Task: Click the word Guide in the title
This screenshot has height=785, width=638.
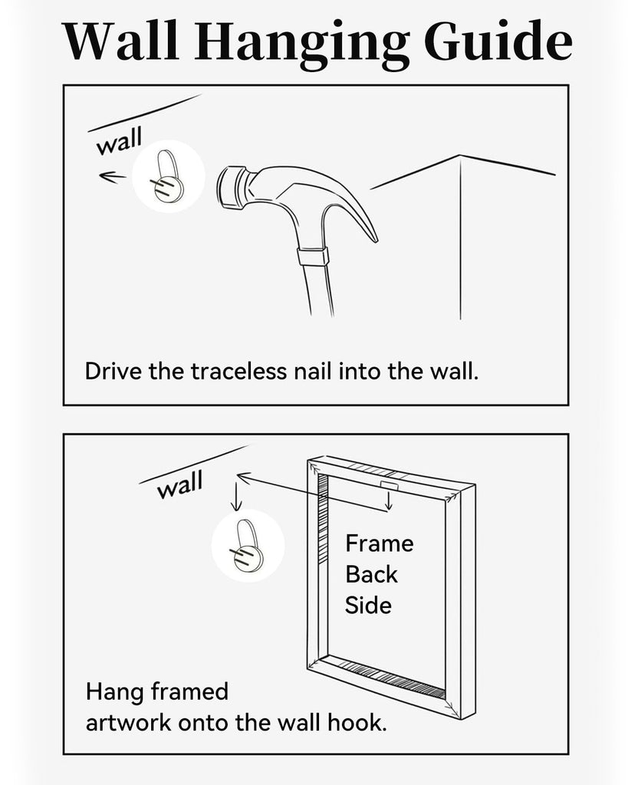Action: pyautogui.click(x=498, y=42)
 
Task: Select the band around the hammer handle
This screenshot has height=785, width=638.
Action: pyautogui.click(x=313, y=256)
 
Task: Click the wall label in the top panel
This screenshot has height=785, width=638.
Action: pyautogui.click(x=119, y=142)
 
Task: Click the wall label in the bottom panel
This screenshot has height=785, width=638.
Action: pyautogui.click(x=179, y=485)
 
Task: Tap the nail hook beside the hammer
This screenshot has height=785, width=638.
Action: pyautogui.click(x=167, y=177)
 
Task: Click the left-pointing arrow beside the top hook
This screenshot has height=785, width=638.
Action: pyautogui.click(x=112, y=176)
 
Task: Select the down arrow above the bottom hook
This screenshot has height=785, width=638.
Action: pyautogui.click(x=236, y=497)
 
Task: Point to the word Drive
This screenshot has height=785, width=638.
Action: pyautogui.click(x=113, y=372)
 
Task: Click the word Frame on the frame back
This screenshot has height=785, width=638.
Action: pyautogui.click(x=380, y=544)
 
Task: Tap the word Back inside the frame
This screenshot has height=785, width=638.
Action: pyautogui.click(x=371, y=575)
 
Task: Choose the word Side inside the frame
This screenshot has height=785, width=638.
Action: pyautogui.click(x=368, y=606)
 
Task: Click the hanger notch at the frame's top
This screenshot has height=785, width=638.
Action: pyautogui.click(x=389, y=486)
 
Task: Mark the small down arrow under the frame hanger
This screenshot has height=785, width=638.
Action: pyautogui.click(x=388, y=501)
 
